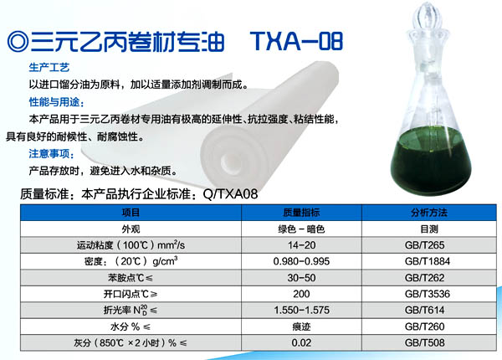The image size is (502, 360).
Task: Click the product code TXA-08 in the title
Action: click(297, 41)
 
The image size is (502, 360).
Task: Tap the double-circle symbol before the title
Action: click(18, 42)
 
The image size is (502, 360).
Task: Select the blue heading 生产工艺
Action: click(49, 68)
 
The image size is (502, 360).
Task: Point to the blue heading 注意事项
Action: click(51, 154)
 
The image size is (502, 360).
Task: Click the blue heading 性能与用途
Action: click(56, 102)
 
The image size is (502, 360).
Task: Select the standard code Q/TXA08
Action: click(231, 194)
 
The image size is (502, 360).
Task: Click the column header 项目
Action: click(131, 213)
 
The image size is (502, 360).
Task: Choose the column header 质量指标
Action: click(301, 213)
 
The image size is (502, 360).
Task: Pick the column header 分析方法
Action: click(429, 213)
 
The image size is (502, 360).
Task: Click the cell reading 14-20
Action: click(301, 245)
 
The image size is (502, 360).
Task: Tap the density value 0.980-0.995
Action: click(301, 261)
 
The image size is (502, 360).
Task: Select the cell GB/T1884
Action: click(428, 261)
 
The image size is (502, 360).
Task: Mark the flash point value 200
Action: click(301, 294)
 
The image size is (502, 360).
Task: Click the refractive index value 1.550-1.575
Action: click(301, 310)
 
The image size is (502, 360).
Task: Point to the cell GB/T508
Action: click(424, 342)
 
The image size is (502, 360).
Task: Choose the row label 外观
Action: click(131, 229)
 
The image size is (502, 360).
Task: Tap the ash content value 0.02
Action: click(301, 342)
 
